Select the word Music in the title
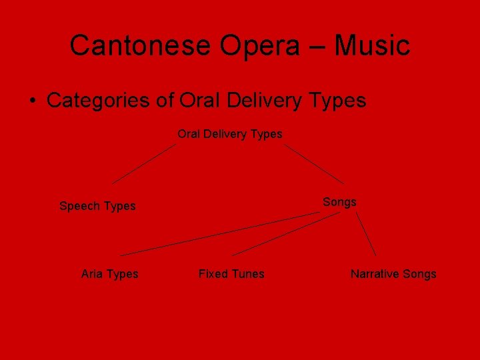click(x=371, y=45)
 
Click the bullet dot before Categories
click(x=32, y=101)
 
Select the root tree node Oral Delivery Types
click(x=229, y=134)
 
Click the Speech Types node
click(x=97, y=206)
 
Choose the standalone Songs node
click(x=339, y=202)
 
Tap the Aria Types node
click(x=109, y=274)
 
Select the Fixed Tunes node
click(x=231, y=274)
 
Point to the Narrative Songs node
click(x=393, y=274)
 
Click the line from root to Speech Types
click(x=143, y=163)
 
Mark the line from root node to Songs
click(x=314, y=163)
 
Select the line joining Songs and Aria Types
click(x=220, y=234)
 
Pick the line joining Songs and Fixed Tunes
click(x=285, y=234)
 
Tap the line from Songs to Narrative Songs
click(x=366, y=234)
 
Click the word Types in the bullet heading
click(x=337, y=101)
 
